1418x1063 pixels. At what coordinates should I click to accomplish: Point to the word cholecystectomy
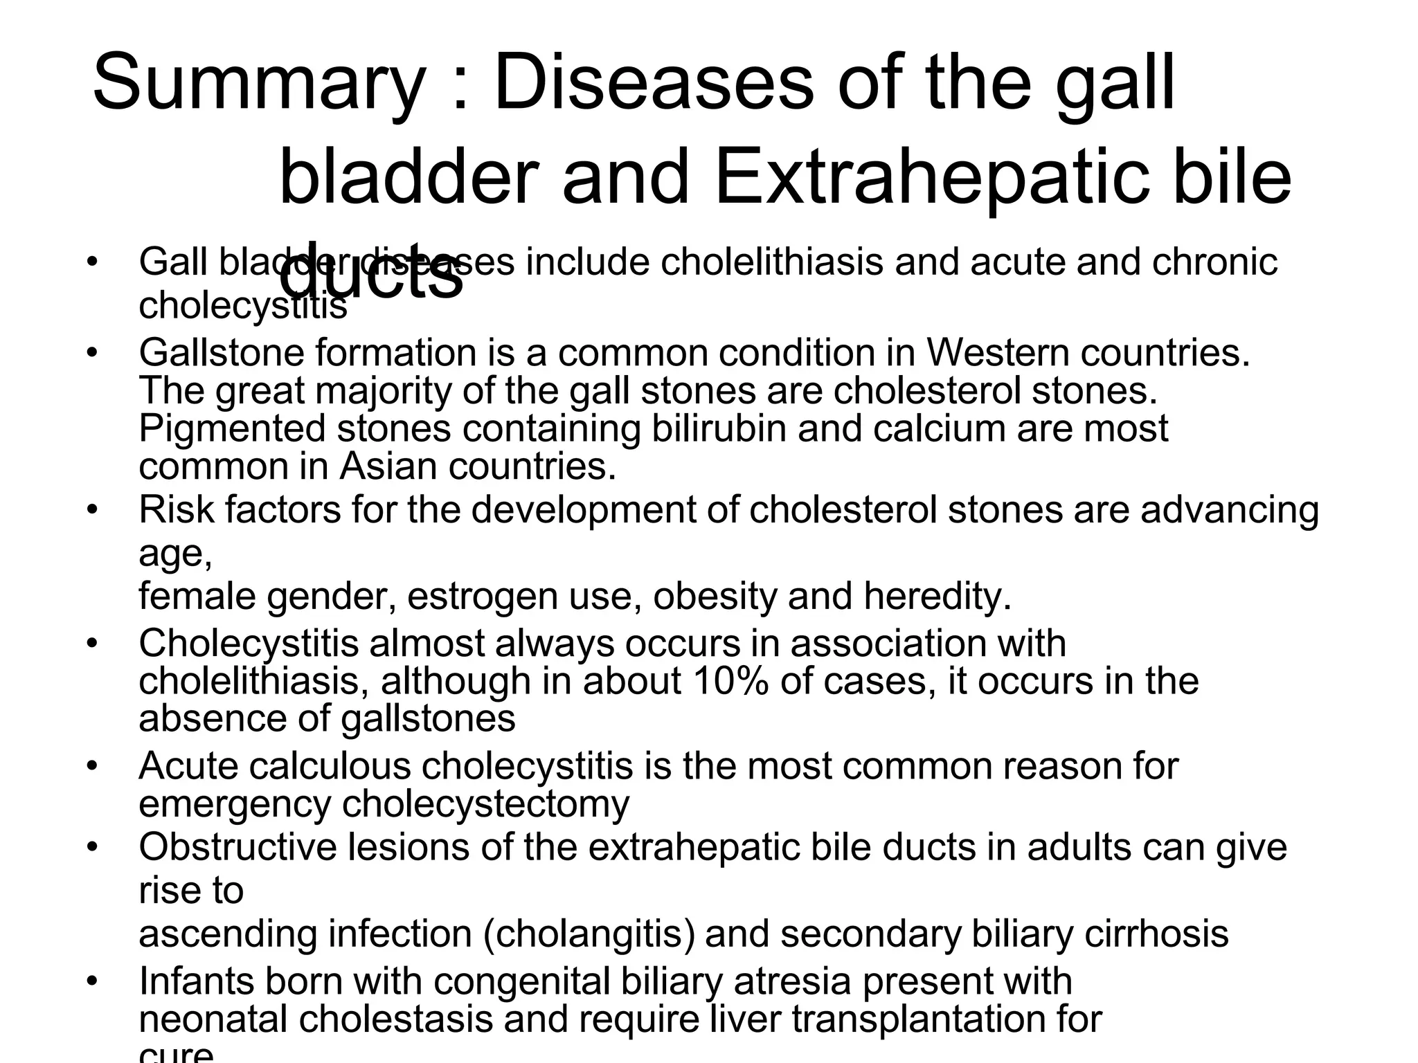tap(485, 803)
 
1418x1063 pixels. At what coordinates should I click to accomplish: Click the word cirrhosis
tap(1156, 933)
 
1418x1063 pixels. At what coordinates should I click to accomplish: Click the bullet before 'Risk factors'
tap(92, 510)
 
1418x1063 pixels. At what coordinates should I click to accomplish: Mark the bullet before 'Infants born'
tap(92, 981)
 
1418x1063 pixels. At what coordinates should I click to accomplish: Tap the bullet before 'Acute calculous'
tap(92, 767)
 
